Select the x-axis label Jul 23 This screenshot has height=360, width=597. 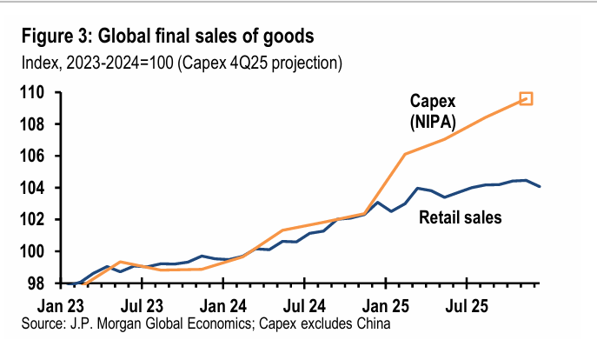pyautogui.click(x=142, y=306)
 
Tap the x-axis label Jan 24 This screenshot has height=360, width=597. pyautogui.click(x=224, y=306)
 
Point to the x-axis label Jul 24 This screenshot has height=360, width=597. pyautogui.click(x=305, y=306)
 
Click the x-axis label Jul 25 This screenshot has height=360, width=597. pyautogui.click(x=468, y=306)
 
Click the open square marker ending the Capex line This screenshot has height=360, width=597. pyautogui.click(x=526, y=99)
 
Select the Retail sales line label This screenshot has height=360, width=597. pyautogui.click(x=460, y=217)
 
